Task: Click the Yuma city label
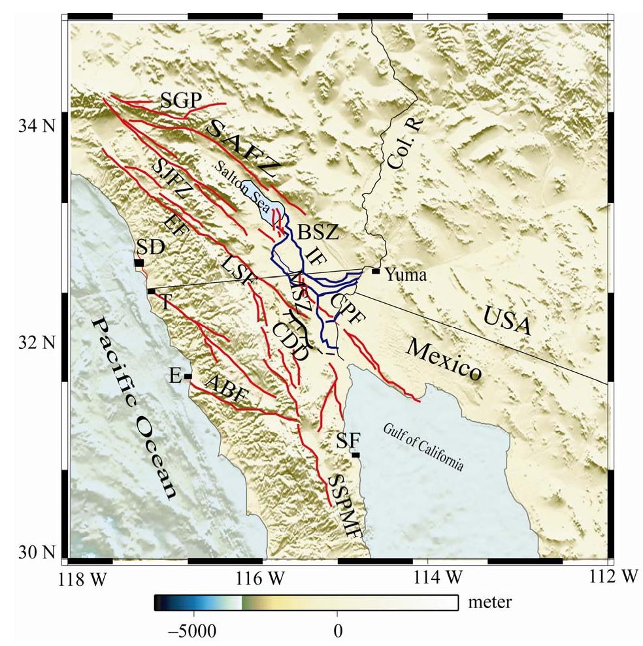[x=406, y=276]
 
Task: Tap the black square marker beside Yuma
[x=376, y=271]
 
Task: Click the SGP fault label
[x=181, y=99]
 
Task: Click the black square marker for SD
[x=139, y=263]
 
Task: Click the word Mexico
[x=444, y=360]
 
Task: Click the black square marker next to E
[x=188, y=376]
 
